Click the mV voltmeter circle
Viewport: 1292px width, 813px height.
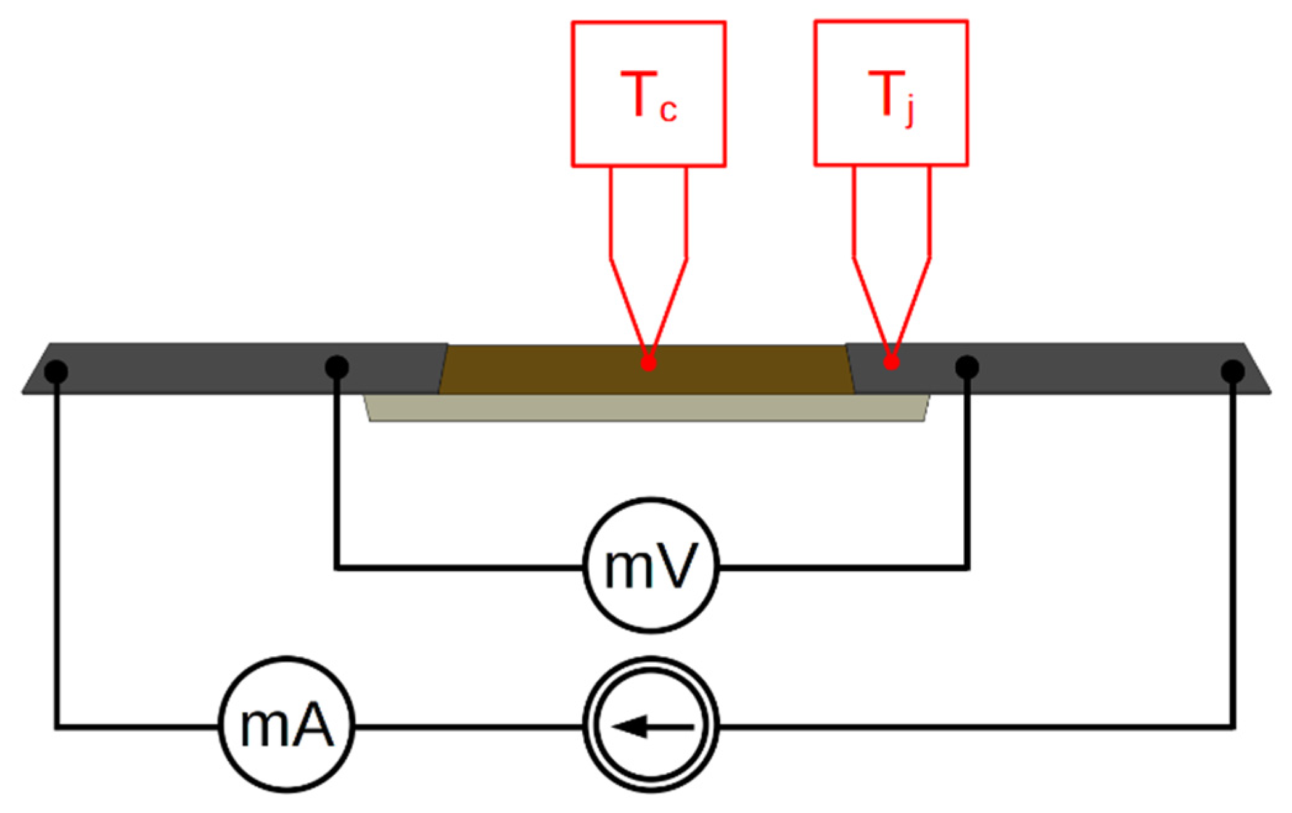pos(651,566)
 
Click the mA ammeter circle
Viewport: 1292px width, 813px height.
pos(287,727)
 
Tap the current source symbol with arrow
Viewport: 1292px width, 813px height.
pos(651,727)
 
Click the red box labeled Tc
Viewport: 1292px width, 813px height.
pos(648,94)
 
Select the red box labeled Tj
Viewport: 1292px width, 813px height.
pos(891,94)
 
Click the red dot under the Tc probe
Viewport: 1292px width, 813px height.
pos(648,363)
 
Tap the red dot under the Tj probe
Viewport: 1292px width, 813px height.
pos(891,362)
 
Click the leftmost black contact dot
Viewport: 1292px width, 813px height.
pos(56,371)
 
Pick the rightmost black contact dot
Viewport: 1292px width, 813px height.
pos(1233,371)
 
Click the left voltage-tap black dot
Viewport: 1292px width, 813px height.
pos(337,367)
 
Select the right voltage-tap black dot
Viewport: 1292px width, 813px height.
pos(966,368)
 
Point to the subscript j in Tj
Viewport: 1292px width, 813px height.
pos(908,114)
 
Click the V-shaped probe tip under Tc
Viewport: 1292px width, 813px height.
pos(648,308)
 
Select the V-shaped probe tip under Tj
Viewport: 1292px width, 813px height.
pos(891,308)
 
